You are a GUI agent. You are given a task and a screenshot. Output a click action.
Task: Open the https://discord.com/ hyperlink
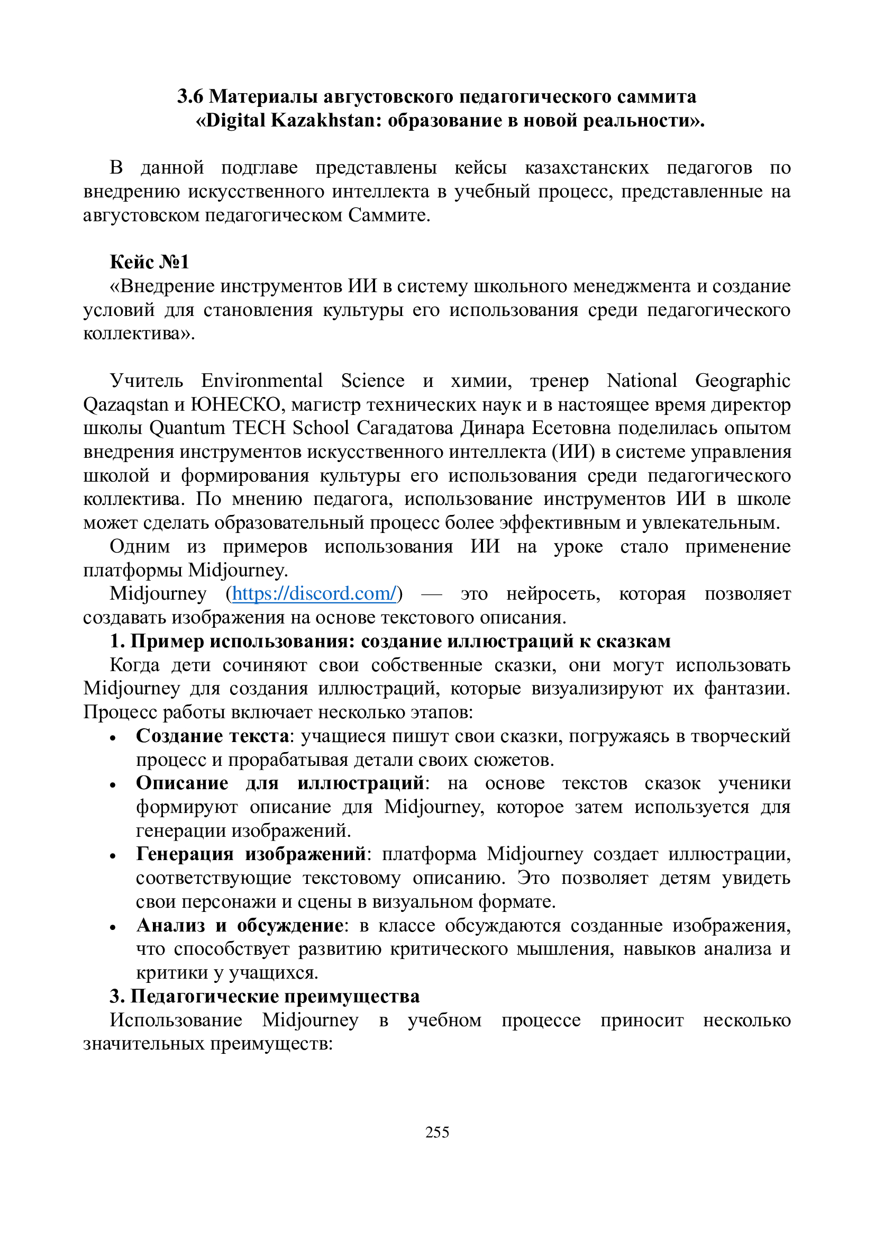click(x=315, y=594)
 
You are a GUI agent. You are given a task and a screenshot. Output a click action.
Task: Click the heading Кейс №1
click(x=149, y=262)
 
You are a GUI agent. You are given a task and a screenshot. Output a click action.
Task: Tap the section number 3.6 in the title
click(x=190, y=96)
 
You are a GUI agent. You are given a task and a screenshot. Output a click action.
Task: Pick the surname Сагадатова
click(x=406, y=428)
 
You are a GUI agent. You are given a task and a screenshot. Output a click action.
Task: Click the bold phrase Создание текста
click(x=213, y=736)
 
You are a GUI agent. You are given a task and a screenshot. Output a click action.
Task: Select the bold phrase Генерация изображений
click(x=251, y=855)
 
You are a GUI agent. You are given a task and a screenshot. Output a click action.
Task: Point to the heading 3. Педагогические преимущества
click(x=265, y=997)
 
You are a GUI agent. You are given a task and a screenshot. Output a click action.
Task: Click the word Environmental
click(x=262, y=381)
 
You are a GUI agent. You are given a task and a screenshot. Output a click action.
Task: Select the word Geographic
click(x=742, y=381)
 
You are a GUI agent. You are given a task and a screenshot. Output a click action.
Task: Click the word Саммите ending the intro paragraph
click(x=388, y=215)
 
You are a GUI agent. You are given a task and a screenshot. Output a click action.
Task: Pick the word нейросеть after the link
click(x=553, y=594)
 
